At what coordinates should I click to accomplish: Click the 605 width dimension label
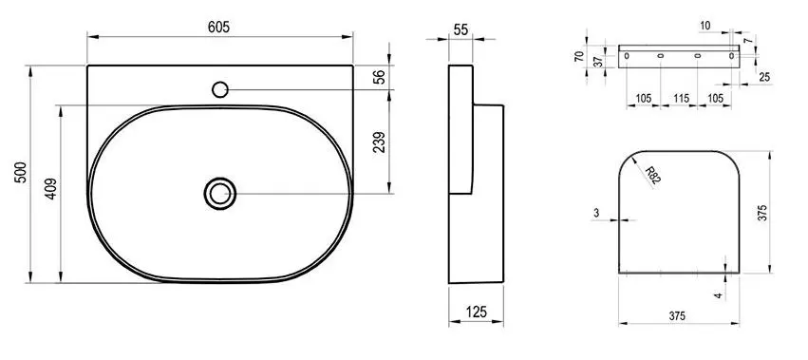(x=219, y=28)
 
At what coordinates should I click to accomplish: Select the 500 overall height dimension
(x=20, y=174)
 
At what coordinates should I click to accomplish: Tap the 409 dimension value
(x=51, y=189)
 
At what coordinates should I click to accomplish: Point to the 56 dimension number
(x=379, y=76)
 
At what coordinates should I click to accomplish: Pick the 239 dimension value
(x=379, y=142)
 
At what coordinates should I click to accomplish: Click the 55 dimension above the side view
(x=461, y=29)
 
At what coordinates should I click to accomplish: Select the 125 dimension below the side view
(x=476, y=312)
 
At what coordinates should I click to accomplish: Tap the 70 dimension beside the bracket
(x=579, y=57)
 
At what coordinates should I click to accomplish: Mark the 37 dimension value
(x=597, y=61)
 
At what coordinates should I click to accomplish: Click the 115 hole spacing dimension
(x=681, y=98)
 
